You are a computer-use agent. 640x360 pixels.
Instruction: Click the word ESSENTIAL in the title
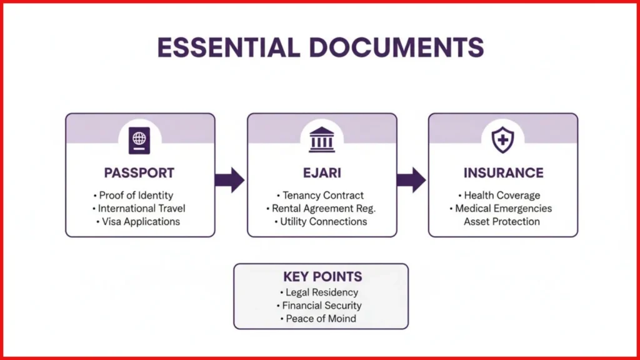click(x=229, y=47)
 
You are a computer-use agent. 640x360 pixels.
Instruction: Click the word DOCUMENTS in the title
click(x=397, y=47)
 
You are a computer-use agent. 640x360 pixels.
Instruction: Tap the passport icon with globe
click(x=139, y=141)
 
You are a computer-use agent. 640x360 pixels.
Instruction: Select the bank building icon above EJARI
click(x=322, y=139)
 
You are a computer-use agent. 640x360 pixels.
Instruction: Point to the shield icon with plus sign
click(x=502, y=139)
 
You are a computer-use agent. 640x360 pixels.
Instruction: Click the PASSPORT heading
click(x=139, y=173)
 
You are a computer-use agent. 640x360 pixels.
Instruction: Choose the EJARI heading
click(x=322, y=173)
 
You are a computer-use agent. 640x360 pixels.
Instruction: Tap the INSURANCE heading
click(x=503, y=173)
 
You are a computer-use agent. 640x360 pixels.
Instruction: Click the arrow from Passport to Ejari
click(x=230, y=179)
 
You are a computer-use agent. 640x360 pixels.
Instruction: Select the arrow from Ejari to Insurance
click(x=411, y=179)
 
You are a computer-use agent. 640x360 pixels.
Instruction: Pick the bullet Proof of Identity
click(x=134, y=196)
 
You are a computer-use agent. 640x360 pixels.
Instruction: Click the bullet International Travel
click(x=139, y=209)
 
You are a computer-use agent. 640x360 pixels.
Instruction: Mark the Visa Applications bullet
click(x=138, y=222)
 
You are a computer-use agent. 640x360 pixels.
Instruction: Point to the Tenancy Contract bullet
click(x=321, y=196)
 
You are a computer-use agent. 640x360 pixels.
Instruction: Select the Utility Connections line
click(x=321, y=222)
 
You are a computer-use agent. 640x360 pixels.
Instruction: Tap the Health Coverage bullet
click(x=499, y=196)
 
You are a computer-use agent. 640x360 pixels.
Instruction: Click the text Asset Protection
click(x=502, y=222)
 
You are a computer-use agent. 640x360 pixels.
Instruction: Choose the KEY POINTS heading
click(x=322, y=277)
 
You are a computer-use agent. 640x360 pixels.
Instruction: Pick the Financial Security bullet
click(x=319, y=306)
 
